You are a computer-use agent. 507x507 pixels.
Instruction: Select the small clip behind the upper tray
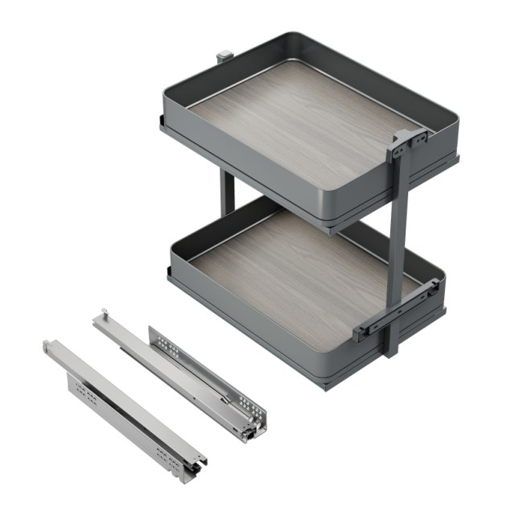[x=223, y=57]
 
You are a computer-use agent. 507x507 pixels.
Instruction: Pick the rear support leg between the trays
[x=228, y=193]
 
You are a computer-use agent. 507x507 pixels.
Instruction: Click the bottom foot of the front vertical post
[x=391, y=351]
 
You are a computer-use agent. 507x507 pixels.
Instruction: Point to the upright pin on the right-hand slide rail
[x=103, y=313]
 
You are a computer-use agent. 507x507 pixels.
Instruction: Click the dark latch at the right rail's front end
[x=248, y=434]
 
